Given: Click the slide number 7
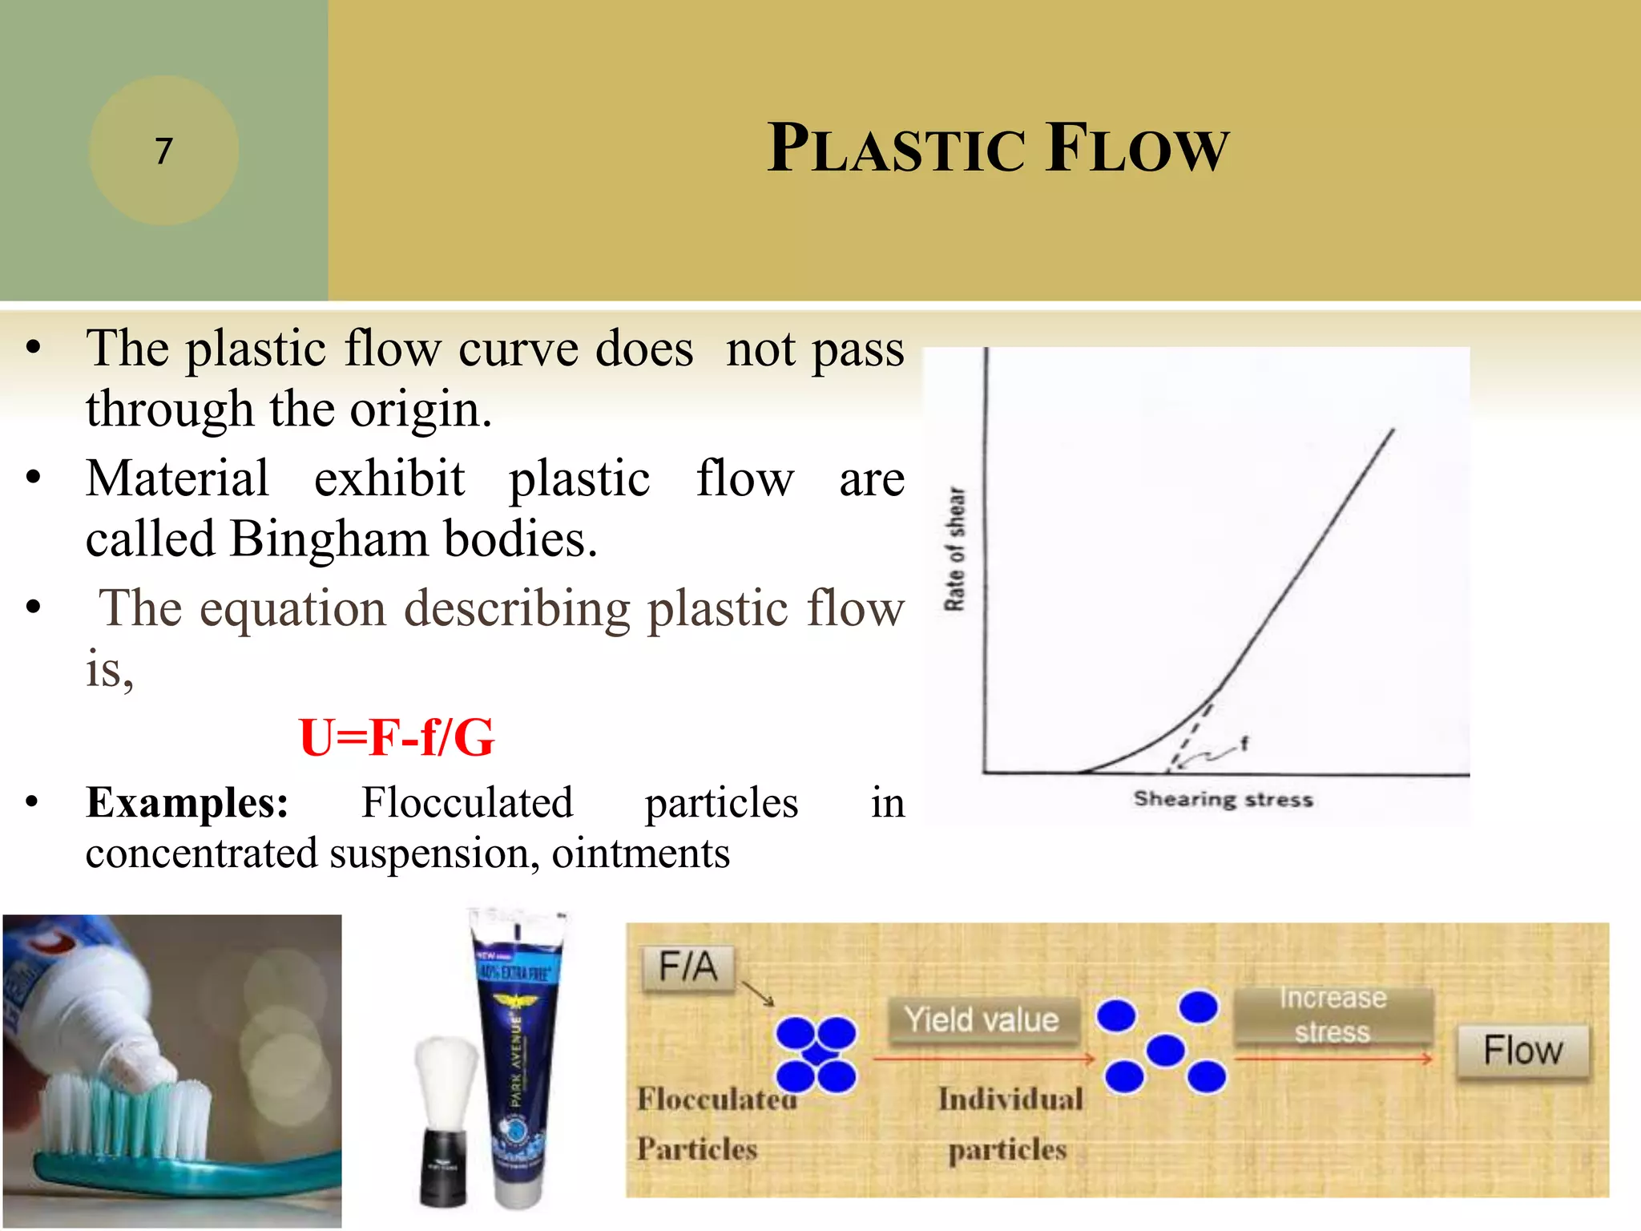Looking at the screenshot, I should (x=163, y=151).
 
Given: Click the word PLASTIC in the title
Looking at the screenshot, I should (x=895, y=149).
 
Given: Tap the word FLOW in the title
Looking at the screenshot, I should (x=1137, y=149).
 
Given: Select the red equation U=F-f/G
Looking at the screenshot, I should (x=397, y=737).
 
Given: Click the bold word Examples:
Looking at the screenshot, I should (x=187, y=802).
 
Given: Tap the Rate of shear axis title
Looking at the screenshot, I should (x=955, y=549).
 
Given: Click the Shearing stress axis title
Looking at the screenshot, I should (x=1223, y=799).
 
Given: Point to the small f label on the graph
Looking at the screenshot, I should (x=1244, y=743).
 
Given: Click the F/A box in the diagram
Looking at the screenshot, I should (x=687, y=967).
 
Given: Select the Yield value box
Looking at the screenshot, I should (x=982, y=1020).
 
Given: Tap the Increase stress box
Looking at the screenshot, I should (x=1333, y=1015).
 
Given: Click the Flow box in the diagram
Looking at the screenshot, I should (x=1522, y=1051).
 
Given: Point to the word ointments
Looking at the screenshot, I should (x=640, y=854).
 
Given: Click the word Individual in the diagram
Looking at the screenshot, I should (x=1010, y=1099).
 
